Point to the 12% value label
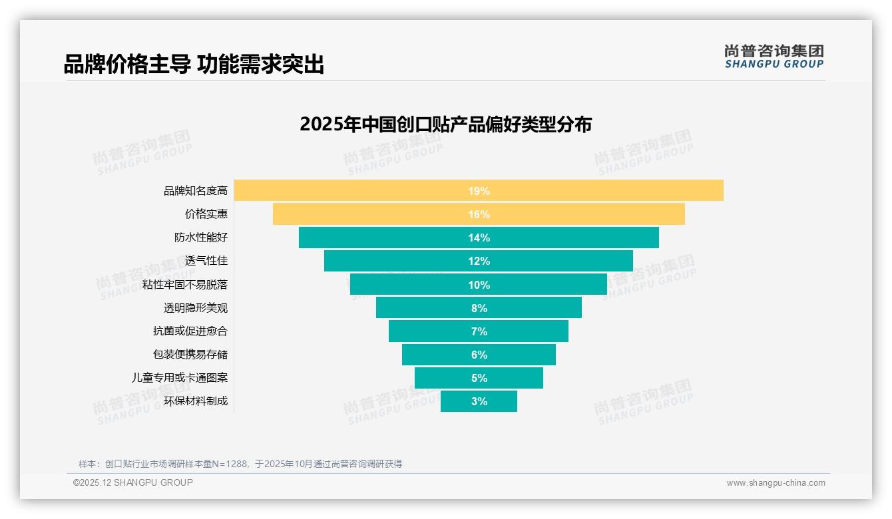pos(479,261)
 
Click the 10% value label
pos(479,285)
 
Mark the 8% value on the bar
pos(479,308)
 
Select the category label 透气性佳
pos(206,261)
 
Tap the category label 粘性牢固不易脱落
pos(185,285)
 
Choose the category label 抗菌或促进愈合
pos(190,331)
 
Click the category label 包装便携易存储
pos(190,355)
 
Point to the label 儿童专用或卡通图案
pos(180,378)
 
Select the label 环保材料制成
pos(196,401)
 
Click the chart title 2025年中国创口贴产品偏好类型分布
pos(445,124)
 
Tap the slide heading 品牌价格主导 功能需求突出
pos(194,65)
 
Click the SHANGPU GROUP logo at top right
pos(774,57)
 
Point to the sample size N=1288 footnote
pos(240,464)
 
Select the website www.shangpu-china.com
pos(776,483)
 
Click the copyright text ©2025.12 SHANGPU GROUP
pos(133,483)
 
